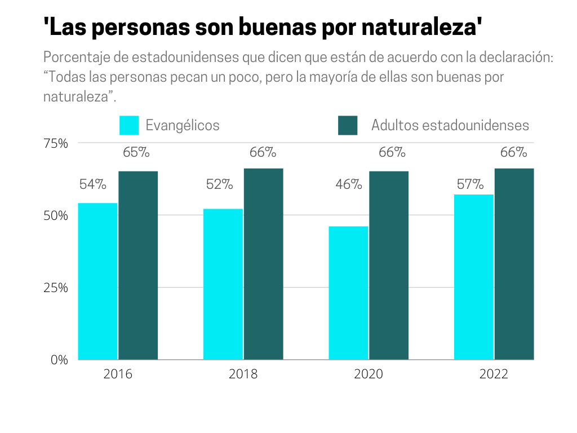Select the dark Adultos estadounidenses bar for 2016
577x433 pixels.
138,265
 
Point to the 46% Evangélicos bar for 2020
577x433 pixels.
348,293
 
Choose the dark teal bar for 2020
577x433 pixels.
389,265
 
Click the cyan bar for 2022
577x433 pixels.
474,277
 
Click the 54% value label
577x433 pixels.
93,184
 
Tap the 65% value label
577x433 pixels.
136,152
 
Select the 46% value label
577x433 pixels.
349,184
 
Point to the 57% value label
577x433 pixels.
470,184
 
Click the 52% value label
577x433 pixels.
219,184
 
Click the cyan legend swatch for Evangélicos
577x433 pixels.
129,125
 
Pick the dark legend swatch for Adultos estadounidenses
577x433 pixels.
348,125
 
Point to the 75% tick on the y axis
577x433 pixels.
56,143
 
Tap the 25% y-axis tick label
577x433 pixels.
56,288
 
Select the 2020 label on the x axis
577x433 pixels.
369,374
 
